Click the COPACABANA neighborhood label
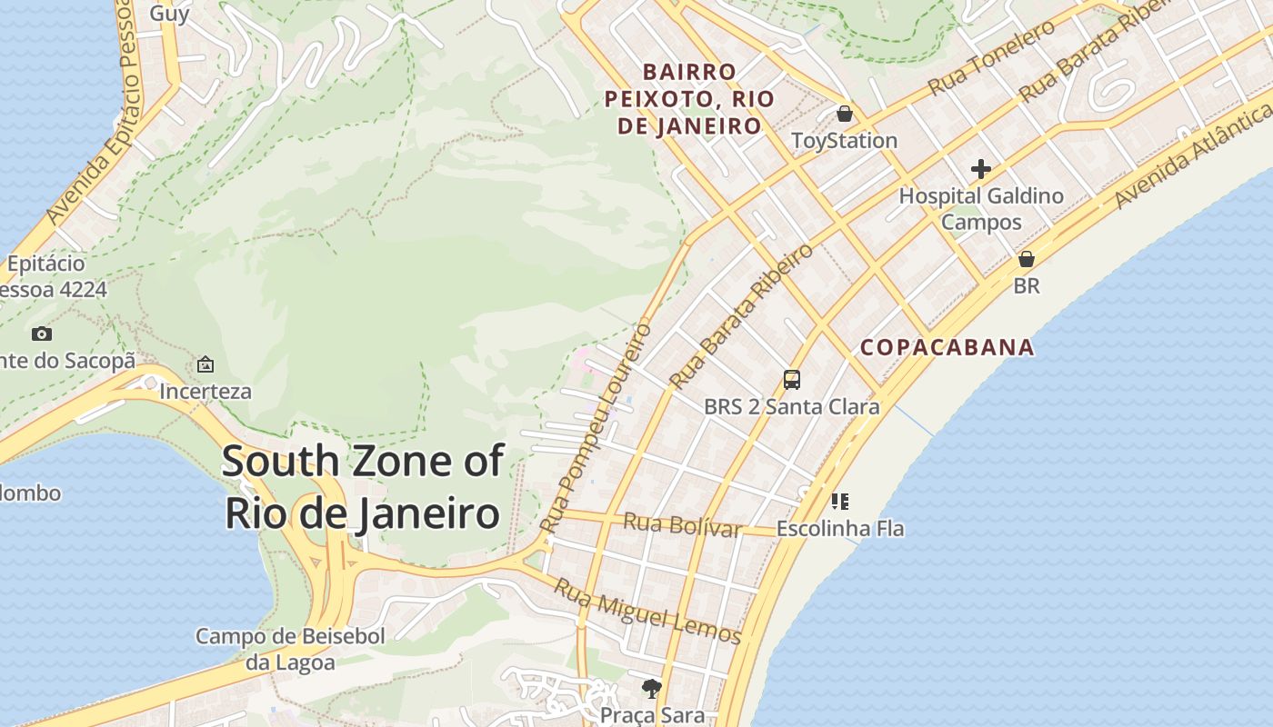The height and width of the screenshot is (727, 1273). [947, 347]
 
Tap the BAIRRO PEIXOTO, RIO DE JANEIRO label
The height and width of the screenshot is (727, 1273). [689, 98]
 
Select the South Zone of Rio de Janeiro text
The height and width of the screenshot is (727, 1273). [362, 487]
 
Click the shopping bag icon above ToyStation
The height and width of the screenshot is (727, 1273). [845, 114]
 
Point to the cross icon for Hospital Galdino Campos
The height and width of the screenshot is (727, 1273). [980, 169]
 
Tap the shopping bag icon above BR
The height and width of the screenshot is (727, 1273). [1026, 259]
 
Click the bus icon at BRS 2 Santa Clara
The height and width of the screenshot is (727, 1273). [792, 380]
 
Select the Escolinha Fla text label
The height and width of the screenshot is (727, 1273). [839, 529]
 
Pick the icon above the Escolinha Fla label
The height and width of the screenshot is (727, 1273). [839, 501]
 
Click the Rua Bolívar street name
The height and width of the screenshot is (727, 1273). [682, 525]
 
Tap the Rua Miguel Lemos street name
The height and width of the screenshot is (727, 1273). [647, 612]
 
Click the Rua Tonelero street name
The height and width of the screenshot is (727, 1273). [991, 57]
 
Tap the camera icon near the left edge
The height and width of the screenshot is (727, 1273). [42, 334]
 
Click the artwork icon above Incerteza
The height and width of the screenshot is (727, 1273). [205, 364]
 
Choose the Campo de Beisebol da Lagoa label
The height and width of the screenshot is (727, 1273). [290, 649]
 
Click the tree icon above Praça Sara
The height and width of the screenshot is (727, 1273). [651, 689]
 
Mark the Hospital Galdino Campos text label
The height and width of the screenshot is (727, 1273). [980, 208]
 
